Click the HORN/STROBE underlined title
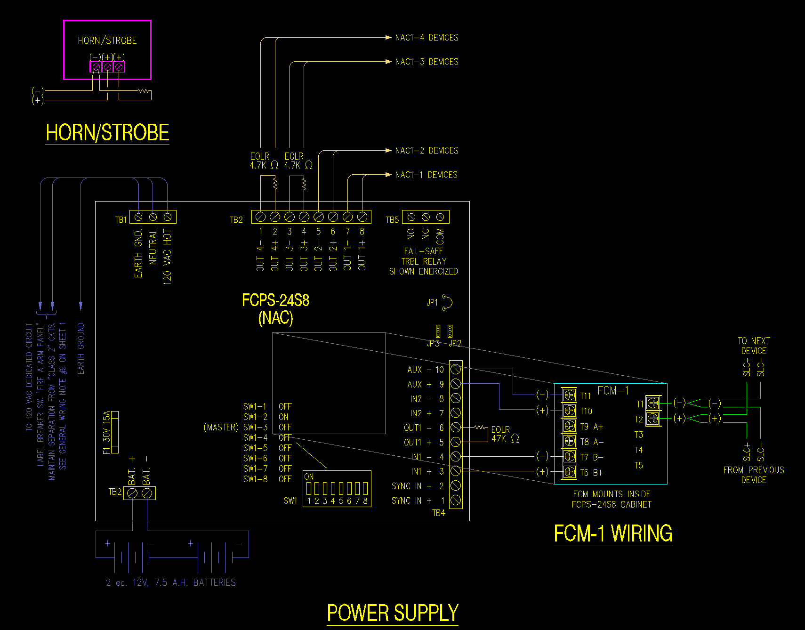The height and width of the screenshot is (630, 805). tap(107, 133)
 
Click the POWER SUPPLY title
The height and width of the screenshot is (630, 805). tap(392, 613)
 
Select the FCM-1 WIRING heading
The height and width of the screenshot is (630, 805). tap(613, 534)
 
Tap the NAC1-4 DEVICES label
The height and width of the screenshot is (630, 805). tap(427, 38)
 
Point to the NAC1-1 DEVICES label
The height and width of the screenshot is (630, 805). tap(426, 175)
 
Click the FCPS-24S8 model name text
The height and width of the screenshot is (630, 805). tap(275, 300)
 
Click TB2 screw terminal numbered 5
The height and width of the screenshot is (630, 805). tap(319, 217)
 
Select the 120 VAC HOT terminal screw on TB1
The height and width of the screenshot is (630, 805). tap(167, 217)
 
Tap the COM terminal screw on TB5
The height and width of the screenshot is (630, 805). tap(440, 217)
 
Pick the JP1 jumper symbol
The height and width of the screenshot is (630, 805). tap(447, 302)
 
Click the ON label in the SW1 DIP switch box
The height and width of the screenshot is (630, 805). tap(309, 477)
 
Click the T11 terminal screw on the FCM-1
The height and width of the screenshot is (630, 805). tap(570, 395)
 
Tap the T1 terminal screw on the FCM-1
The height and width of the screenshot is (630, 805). tap(653, 403)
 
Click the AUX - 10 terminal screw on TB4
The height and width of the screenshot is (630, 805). tap(456, 369)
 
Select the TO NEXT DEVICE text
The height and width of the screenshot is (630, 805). tap(754, 346)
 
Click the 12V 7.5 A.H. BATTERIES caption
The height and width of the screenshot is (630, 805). tap(171, 583)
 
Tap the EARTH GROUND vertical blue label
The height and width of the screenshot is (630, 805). tap(81, 348)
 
